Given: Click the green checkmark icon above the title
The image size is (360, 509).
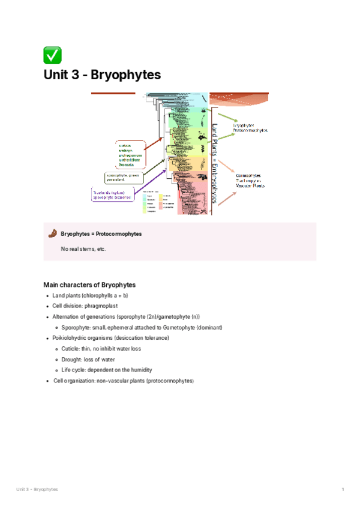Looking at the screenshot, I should pos(52,56).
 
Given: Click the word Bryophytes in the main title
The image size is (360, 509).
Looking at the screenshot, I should pos(127,75).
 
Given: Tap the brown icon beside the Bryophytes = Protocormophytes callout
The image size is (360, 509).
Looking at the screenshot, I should pos(52,233).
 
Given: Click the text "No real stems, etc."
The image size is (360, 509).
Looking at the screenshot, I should pos(83,248).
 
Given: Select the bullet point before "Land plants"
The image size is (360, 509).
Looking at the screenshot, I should pos(47,296).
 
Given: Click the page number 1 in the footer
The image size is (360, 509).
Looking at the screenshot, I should pos(343,490).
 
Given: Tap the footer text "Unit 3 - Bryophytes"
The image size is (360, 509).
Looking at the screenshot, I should pos(37,490).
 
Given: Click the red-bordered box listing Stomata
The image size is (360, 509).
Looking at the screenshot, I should pos(130,155).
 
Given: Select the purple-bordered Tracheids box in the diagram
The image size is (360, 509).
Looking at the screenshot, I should pos(113,194).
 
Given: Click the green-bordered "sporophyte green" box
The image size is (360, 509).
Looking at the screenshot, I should pos(124,176).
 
